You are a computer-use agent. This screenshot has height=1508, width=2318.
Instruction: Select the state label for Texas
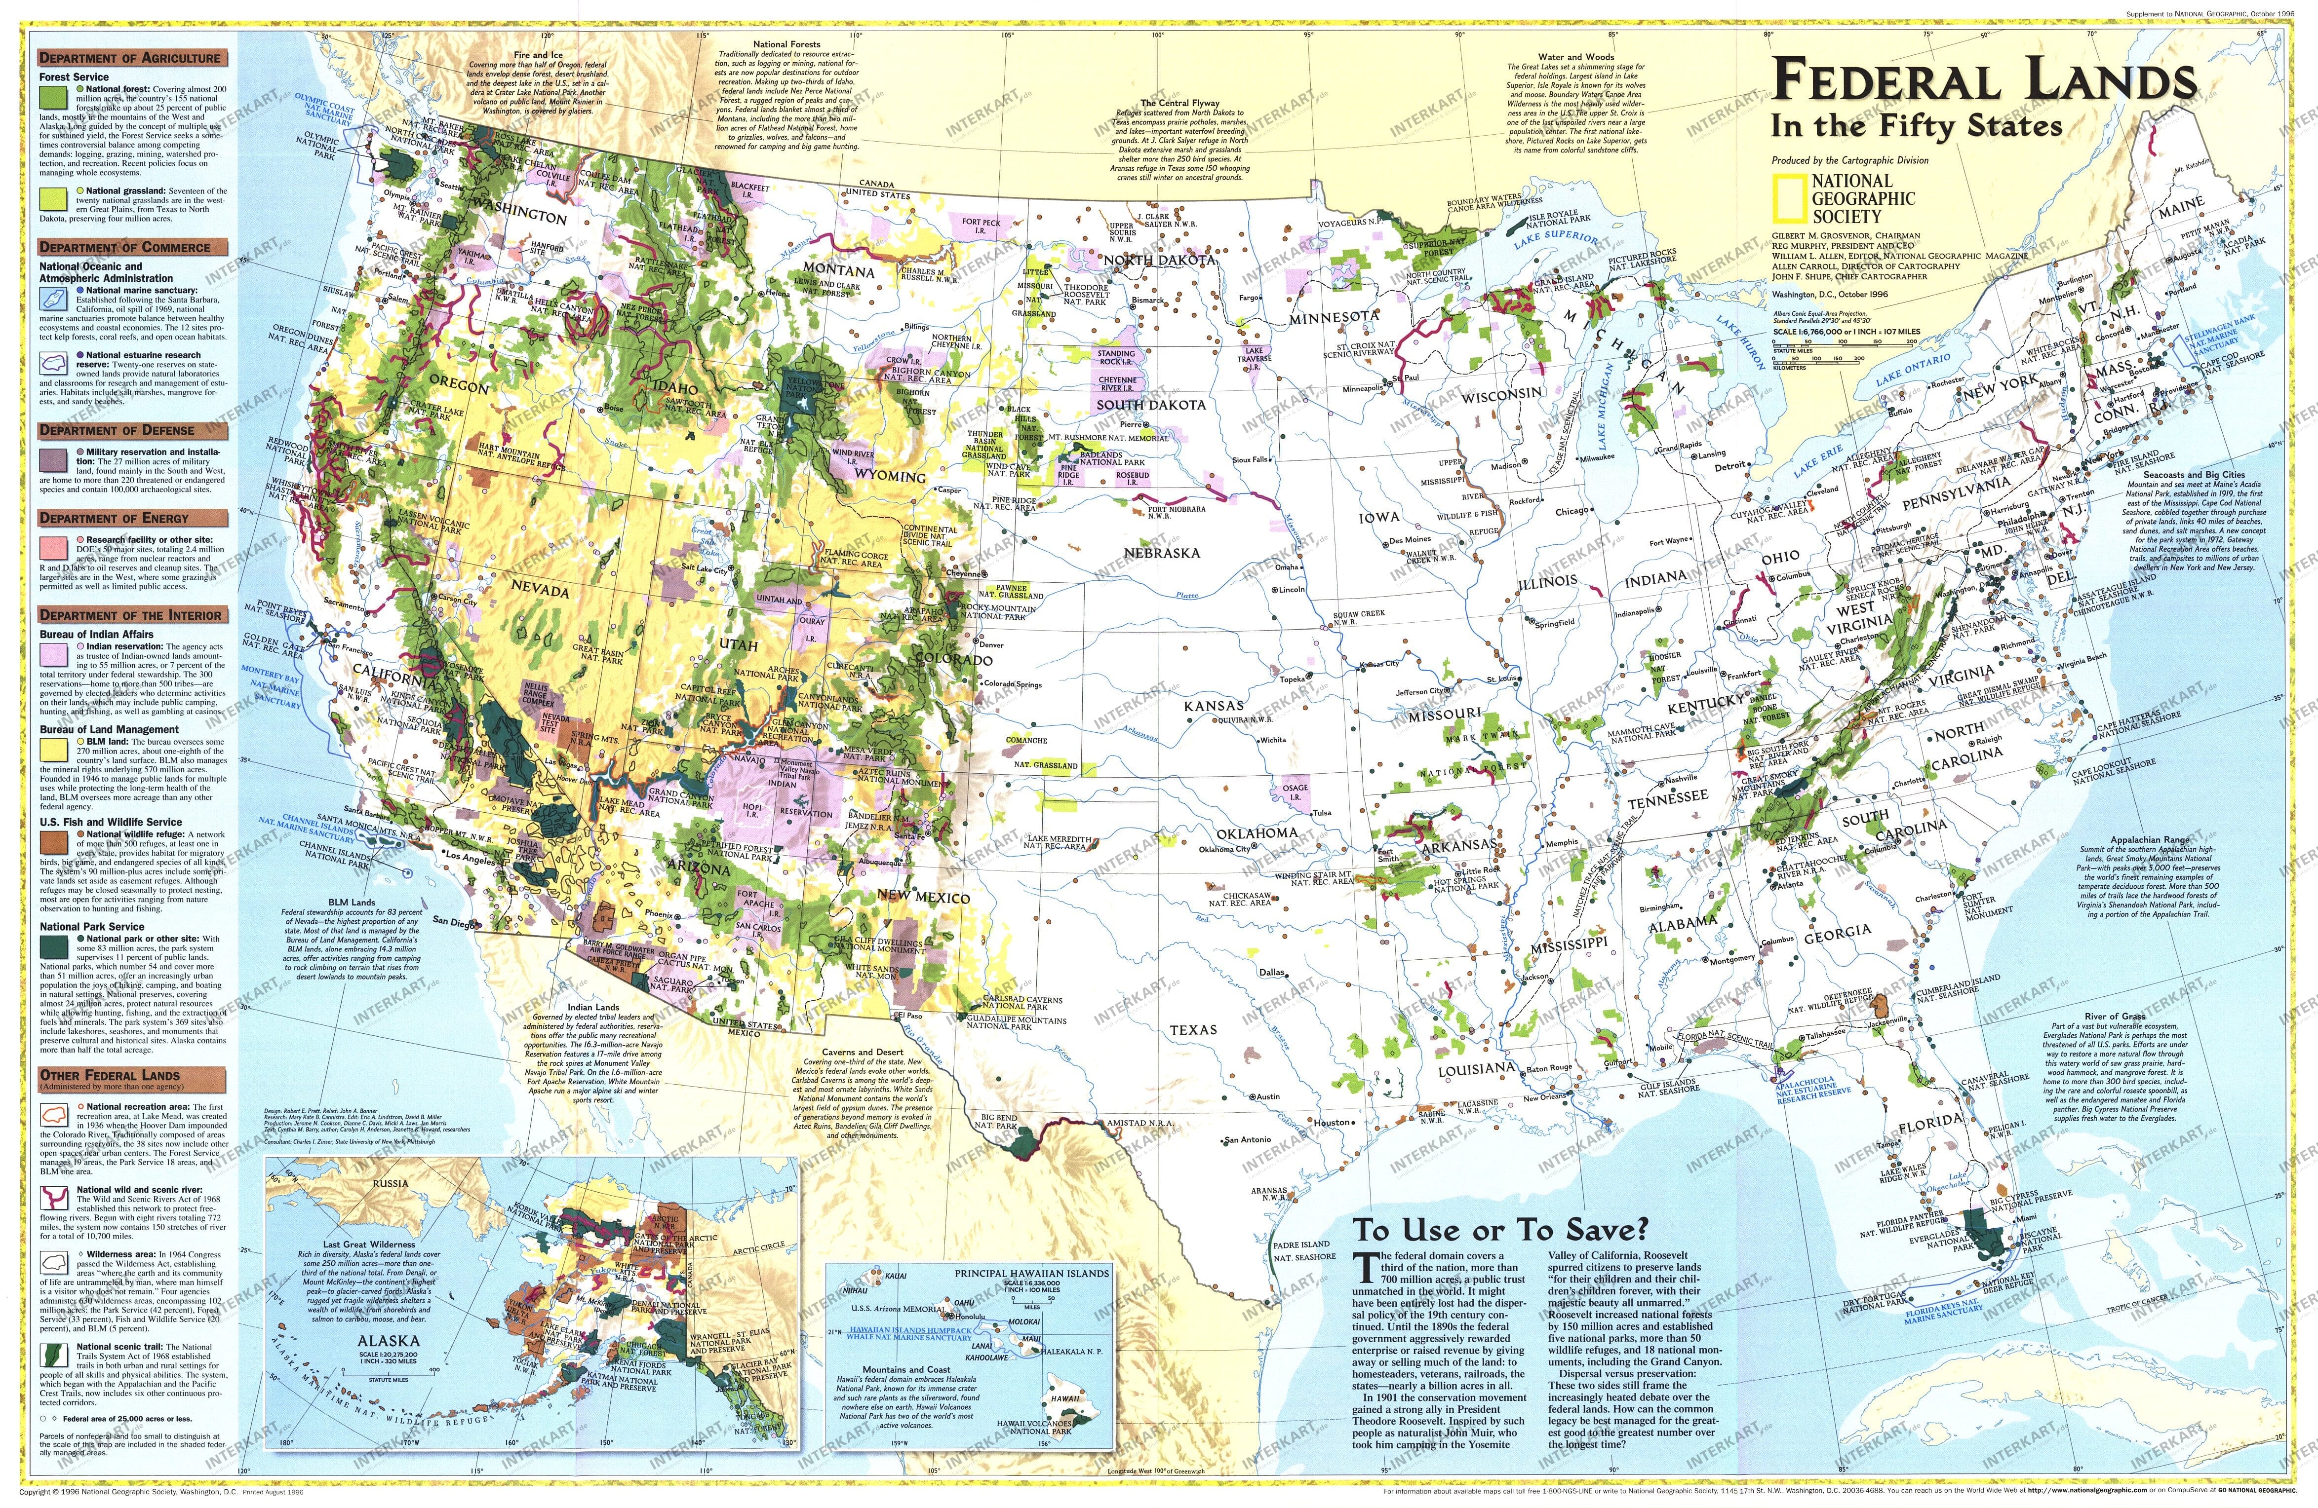(1193, 1029)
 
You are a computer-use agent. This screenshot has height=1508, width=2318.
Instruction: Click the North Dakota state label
(1159, 261)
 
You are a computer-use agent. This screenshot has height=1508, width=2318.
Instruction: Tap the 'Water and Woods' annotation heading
(1575, 57)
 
